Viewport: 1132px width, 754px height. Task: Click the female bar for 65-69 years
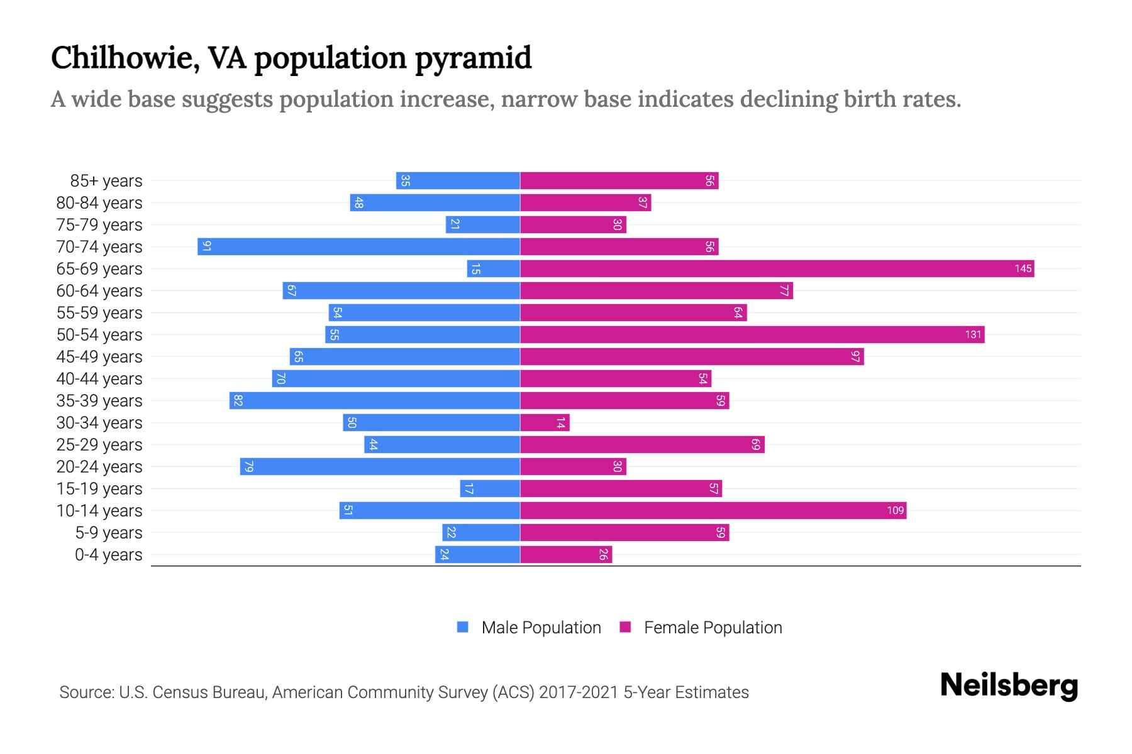click(x=777, y=269)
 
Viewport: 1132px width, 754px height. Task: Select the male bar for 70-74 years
click(x=358, y=247)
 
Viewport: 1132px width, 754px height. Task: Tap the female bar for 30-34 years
click(x=545, y=423)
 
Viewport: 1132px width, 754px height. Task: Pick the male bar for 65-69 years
click(x=494, y=269)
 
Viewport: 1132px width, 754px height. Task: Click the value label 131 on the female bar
click(x=973, y=335)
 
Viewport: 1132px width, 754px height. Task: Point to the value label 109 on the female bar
click(x=895, y=511)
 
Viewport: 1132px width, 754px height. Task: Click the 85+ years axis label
click(x=106, y=181)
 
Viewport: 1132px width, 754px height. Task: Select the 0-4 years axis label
click(x=108, y=555)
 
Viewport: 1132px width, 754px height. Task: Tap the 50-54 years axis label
click(x=99, y=335)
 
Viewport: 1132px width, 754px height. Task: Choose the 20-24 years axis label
click(x=99, y=467)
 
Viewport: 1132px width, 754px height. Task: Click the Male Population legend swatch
click(x=463, y=627)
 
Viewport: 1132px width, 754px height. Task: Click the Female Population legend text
click(x=713, y=628)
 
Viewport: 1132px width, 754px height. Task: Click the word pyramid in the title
click(x=472, y=58)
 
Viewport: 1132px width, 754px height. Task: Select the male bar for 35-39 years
click(x=375, y=401)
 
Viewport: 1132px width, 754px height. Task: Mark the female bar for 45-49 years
click(x=692, y=357)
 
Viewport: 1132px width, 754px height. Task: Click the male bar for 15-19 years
click(x=490, y=489)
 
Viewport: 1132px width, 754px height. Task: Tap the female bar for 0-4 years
click(x=566, y=555)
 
